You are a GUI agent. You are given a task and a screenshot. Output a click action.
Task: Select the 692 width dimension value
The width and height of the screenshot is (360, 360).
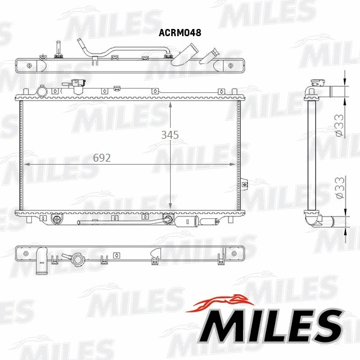pyautogui.click(x=102, y=158)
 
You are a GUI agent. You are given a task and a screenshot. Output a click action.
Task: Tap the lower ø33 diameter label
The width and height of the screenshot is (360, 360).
pyautogui.click(x=340, y=188)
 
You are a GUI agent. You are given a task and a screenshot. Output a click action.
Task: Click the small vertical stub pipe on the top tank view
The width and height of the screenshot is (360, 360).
pyautogui.click(x=59, y=48)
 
